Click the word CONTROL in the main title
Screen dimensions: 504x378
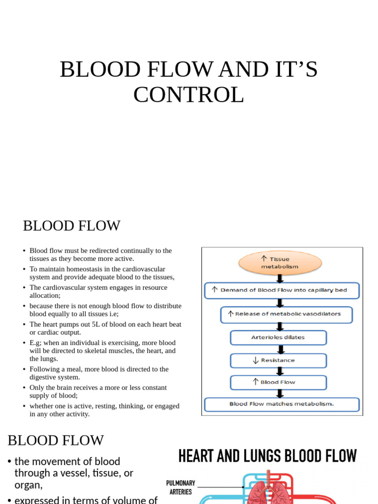[189, 94]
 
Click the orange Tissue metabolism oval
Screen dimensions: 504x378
[280, 263]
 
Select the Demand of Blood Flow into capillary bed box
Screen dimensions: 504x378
[282, 290]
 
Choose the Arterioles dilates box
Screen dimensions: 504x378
[278, 338]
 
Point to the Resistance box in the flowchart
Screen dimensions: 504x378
[278, 360]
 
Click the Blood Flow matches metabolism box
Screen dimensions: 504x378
[282, 404]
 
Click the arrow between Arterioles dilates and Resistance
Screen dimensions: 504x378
[280, 349]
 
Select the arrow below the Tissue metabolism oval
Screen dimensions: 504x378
[280, 278]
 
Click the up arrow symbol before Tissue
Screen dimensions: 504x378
[264, 258]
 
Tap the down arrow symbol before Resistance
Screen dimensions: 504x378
[255, 360]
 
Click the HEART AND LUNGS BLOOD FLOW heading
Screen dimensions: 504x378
[267, 456]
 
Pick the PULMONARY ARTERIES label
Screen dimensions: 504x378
[181, 487]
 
